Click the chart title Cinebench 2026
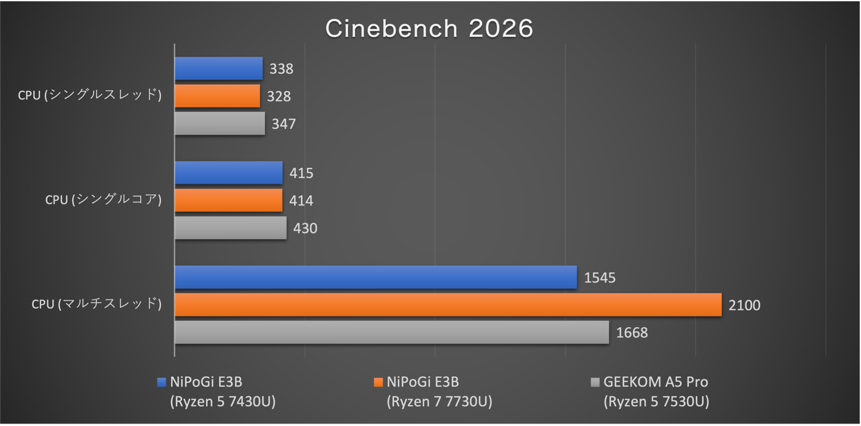[x=429, y=28]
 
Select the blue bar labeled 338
[x=218, y=68]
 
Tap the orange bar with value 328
[x=217, y=96]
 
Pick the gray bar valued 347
[x=220, y=123]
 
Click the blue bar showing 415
[x=228, y=173]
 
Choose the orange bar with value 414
[x=228, y=200]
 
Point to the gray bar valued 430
[x=230, y=227]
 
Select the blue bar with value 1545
[x=375, y=277]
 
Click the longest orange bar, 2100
[x=448, y=305]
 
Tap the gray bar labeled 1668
[x=391, y=332]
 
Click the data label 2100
[x=744, y=305]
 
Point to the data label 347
[x=284, y=124]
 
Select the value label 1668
[x=632, y=333]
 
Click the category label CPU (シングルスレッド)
[x=90, y=95]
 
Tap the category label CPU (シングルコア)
[x=103, y=200]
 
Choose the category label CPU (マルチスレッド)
[x=97, y=304]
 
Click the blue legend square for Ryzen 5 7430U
[x=162, y=382]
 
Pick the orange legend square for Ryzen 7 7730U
[x=378, y=382]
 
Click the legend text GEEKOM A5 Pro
[x=656, y=382]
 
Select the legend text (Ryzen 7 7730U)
[x=439, y=402]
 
